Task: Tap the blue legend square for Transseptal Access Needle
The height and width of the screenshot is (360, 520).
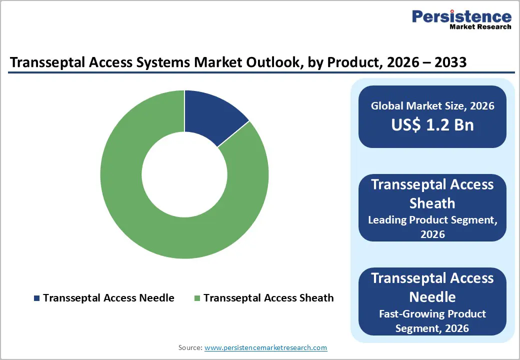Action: [x=36, y=298]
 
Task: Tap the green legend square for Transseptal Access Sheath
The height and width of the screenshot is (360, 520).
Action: [x=197, y=298]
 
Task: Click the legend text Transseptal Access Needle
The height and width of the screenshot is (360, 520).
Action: [x=108, y=298]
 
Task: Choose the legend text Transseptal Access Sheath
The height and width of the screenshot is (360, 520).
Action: [x=268, y=298]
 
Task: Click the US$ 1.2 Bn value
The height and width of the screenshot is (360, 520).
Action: [x=432, y=124]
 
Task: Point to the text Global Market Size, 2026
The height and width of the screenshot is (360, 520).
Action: [x=432, y=106]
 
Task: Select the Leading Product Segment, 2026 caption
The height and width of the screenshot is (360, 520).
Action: [x=432, y=226]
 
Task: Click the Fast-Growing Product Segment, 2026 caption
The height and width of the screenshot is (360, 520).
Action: [x=432, y=321]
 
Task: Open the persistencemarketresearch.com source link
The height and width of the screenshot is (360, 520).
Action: [x=265, y=347]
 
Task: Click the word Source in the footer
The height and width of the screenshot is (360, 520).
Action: [x=190, y=347]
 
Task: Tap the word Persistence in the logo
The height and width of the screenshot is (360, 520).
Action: [x=461, y=16]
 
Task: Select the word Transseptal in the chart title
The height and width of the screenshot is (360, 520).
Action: [x=43, y=62]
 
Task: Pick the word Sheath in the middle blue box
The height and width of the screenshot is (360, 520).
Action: [x=432, y=203]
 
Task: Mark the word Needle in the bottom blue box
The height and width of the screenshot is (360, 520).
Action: [x=432, y=297]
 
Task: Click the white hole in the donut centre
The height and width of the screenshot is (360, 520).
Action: [x=184, y=174]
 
